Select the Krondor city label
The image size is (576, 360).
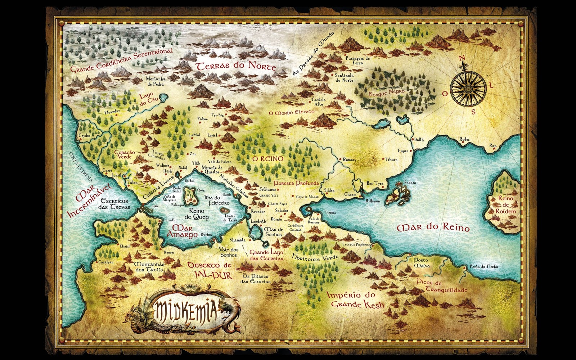[258, 211]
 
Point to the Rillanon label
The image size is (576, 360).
[373, 201]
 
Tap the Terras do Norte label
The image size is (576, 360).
[235, 67]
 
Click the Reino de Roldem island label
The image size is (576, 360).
[505, 204]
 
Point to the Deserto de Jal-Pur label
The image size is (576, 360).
[210, 270]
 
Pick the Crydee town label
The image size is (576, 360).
[85, 136]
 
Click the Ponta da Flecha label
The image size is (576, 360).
[483, 267]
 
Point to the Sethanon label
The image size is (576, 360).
[268, 189]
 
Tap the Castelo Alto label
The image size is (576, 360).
[319, 102]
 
